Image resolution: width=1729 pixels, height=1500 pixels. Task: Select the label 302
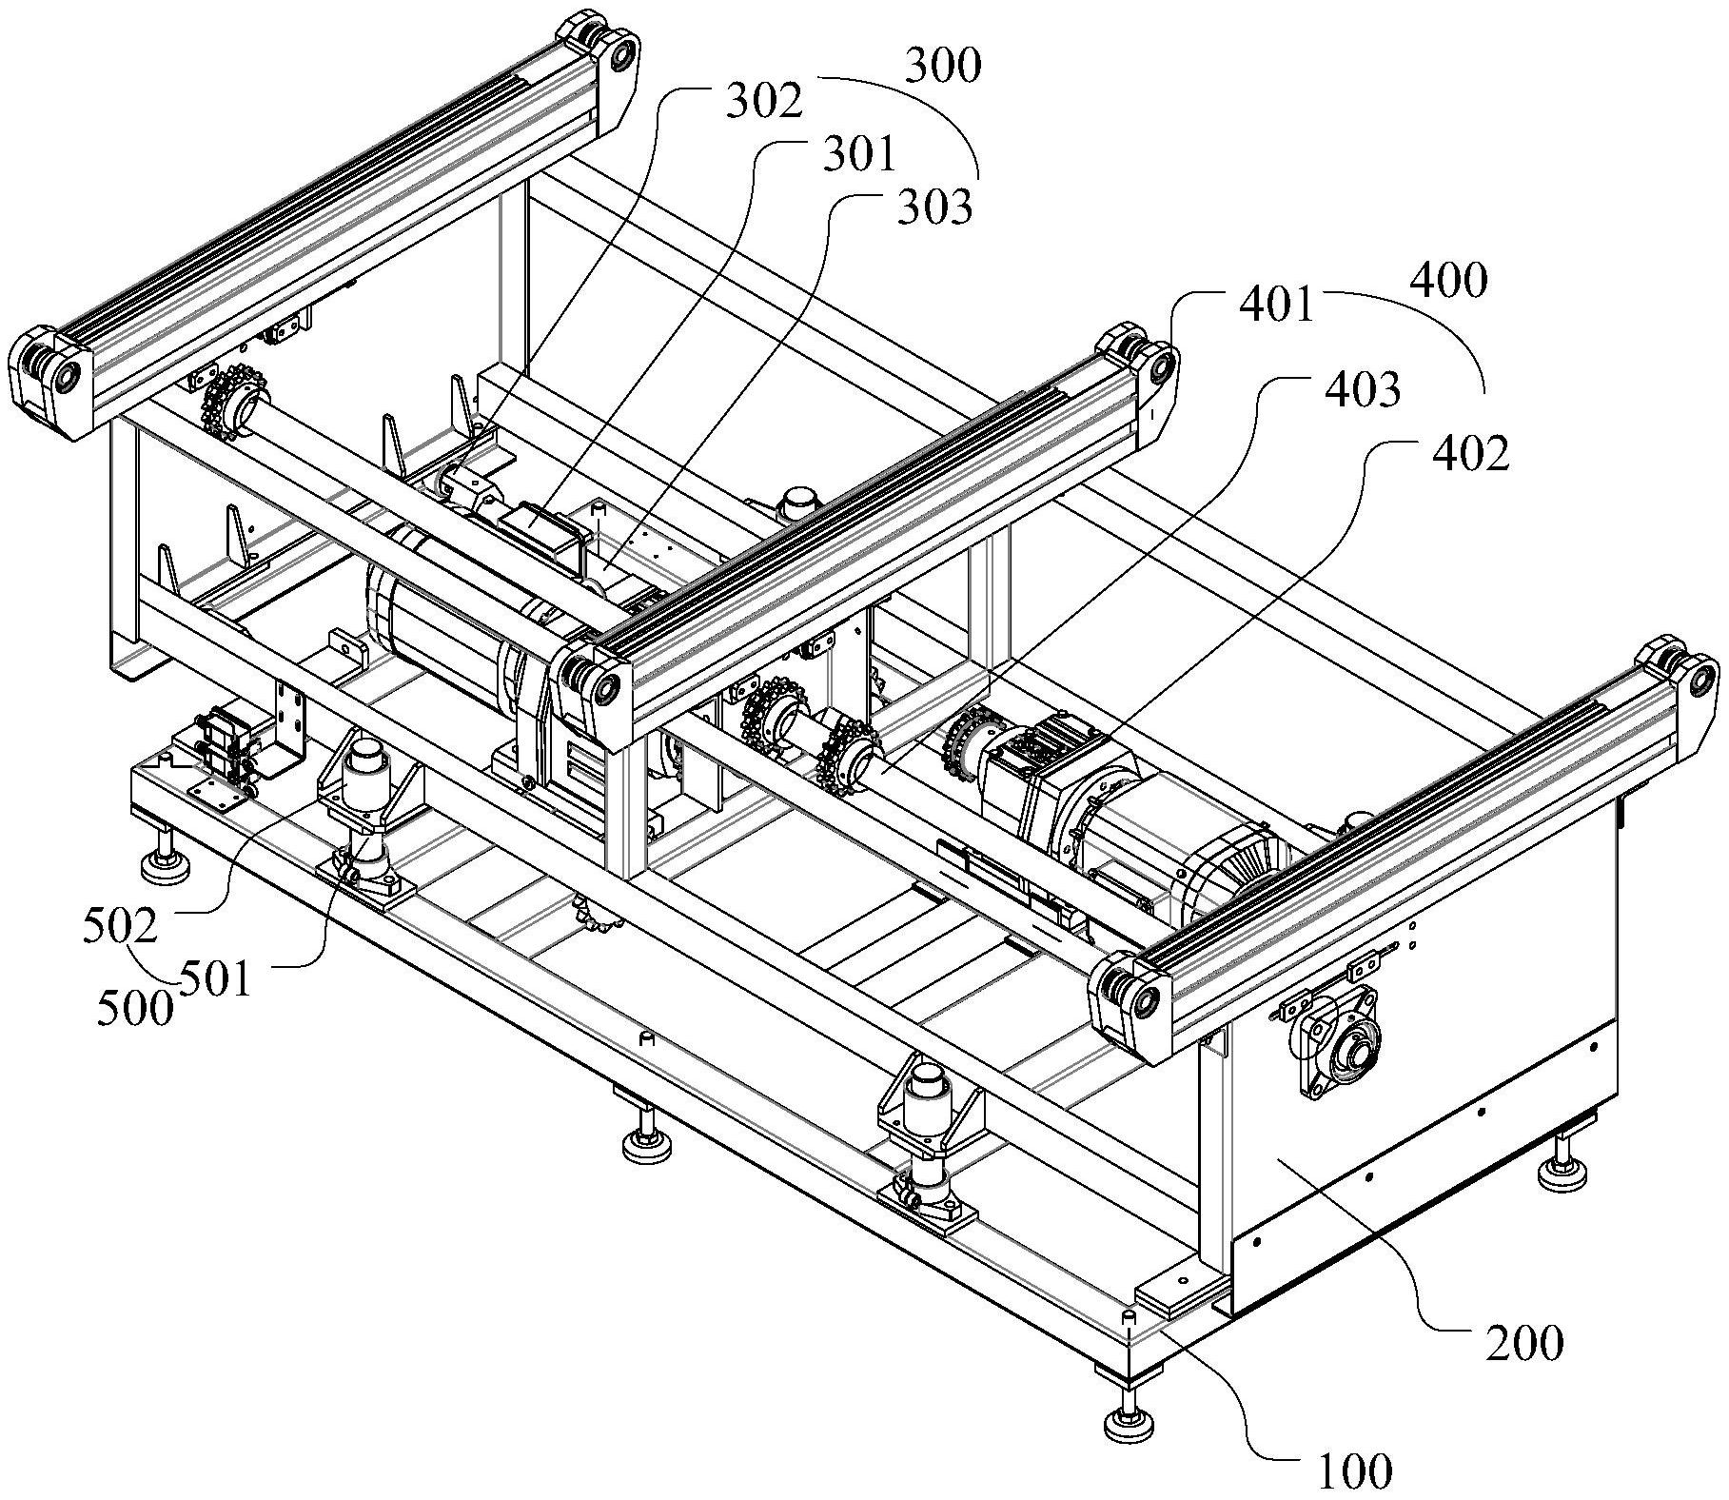coord(764,102)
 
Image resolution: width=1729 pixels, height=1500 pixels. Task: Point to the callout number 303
coord(935,207)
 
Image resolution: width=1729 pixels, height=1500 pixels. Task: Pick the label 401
coord(1275,306)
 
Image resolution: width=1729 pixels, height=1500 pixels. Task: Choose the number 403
coord(1363,389)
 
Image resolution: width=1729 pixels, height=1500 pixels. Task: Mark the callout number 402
coord(1471,454)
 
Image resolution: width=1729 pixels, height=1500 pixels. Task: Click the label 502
coord(121,926)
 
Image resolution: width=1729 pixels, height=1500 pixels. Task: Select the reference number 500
coord(135,1007)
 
